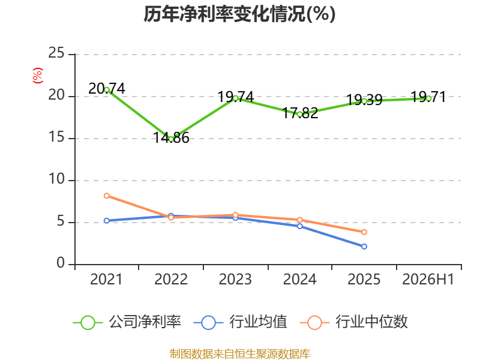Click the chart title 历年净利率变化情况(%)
point(239,14)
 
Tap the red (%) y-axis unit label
point(38,76)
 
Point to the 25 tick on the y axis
point(56,53)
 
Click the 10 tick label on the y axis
point(56,179)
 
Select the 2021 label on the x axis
point(106,279)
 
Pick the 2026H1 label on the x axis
point(428,279)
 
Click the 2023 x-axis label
point(235,279)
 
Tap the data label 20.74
point(107,89)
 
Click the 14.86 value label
point(171,138)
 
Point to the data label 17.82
point(300,113)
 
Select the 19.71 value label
point(428,97)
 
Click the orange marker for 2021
point(107,196)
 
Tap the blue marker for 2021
point(107,221)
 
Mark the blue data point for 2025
point(364,247)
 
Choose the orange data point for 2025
point(364,232)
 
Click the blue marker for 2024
point(299,226)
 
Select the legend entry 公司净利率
point(127,322)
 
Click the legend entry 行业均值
point(241,322)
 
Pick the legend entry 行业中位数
point(354,322)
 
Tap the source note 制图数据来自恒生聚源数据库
point(240,354)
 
